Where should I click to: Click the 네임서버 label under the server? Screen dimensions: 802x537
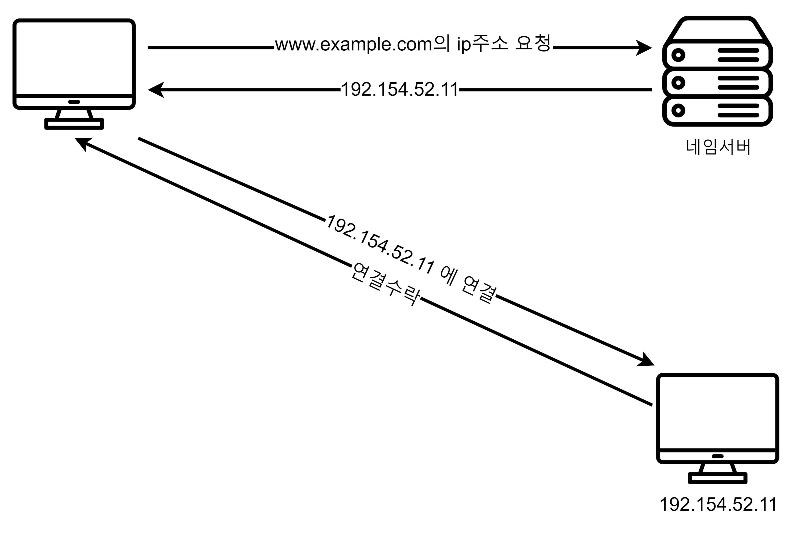pyautogui.click(x=718, y=147)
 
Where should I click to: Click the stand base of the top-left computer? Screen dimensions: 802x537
pyautogui.click(x=74, y=124)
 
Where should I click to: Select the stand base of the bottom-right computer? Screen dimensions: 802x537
pyautogui.click(x=718, y=478)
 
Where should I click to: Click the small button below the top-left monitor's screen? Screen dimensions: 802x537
pyautogui.click(x=74, y=102)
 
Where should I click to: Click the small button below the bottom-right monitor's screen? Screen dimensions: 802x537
pyautogui.click(x=718, y=456)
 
